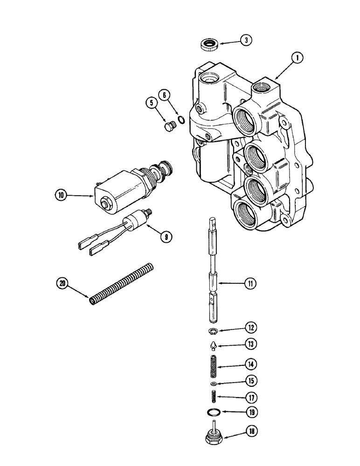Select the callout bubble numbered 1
pos(296,59)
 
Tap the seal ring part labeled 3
pos(208,45)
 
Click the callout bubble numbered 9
pos(164,236)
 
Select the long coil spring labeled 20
pos(121,284)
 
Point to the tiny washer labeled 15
pos(213,383)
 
